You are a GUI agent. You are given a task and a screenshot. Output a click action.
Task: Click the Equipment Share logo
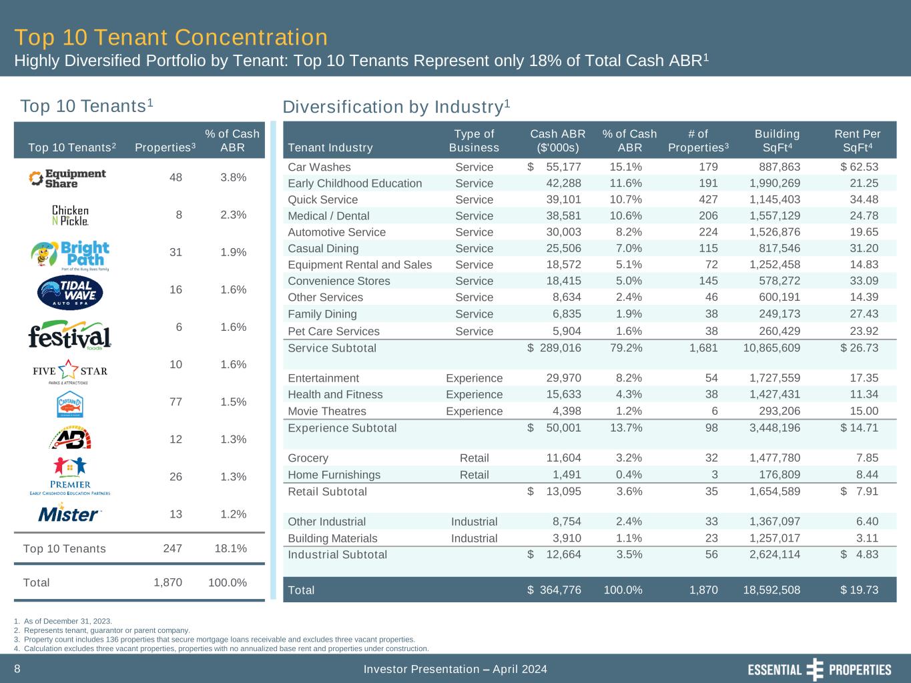click(x=67, y=178)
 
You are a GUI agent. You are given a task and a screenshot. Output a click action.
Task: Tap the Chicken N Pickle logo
click(x=70, y=215)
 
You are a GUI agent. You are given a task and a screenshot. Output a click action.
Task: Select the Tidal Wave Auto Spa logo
click(x=70, y=290)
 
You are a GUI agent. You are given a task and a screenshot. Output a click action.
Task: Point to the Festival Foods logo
click(x=69, y=335)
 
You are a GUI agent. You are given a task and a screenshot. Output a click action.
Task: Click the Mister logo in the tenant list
click(x=69, y=514)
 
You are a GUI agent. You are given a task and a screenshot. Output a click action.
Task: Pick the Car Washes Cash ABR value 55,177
click(x=563, y=167)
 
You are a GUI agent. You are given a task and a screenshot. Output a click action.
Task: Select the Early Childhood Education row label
click(x=354, y=183)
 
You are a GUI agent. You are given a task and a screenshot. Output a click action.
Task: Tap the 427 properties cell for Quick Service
click(x=707, y=199)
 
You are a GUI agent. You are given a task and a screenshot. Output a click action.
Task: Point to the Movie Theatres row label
click(x=326, y=411)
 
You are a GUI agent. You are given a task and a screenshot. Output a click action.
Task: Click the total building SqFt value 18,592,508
click(x=771, y=590)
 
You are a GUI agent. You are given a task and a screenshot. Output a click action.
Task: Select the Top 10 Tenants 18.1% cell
click(x=230, y=548)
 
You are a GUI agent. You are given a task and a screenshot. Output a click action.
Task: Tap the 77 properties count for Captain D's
click(x=176, y=402)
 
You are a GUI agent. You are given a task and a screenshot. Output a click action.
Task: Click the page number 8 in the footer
click(x=17, y=668)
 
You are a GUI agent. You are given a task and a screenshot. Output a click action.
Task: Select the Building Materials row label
click(x=332, y=538)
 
